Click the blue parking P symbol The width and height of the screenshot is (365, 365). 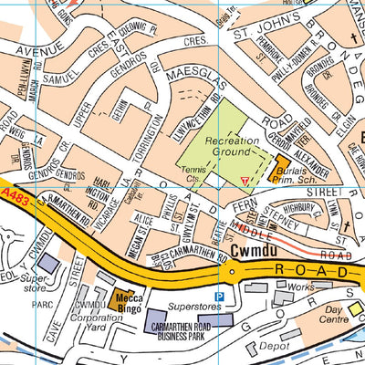coord(217,296)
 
